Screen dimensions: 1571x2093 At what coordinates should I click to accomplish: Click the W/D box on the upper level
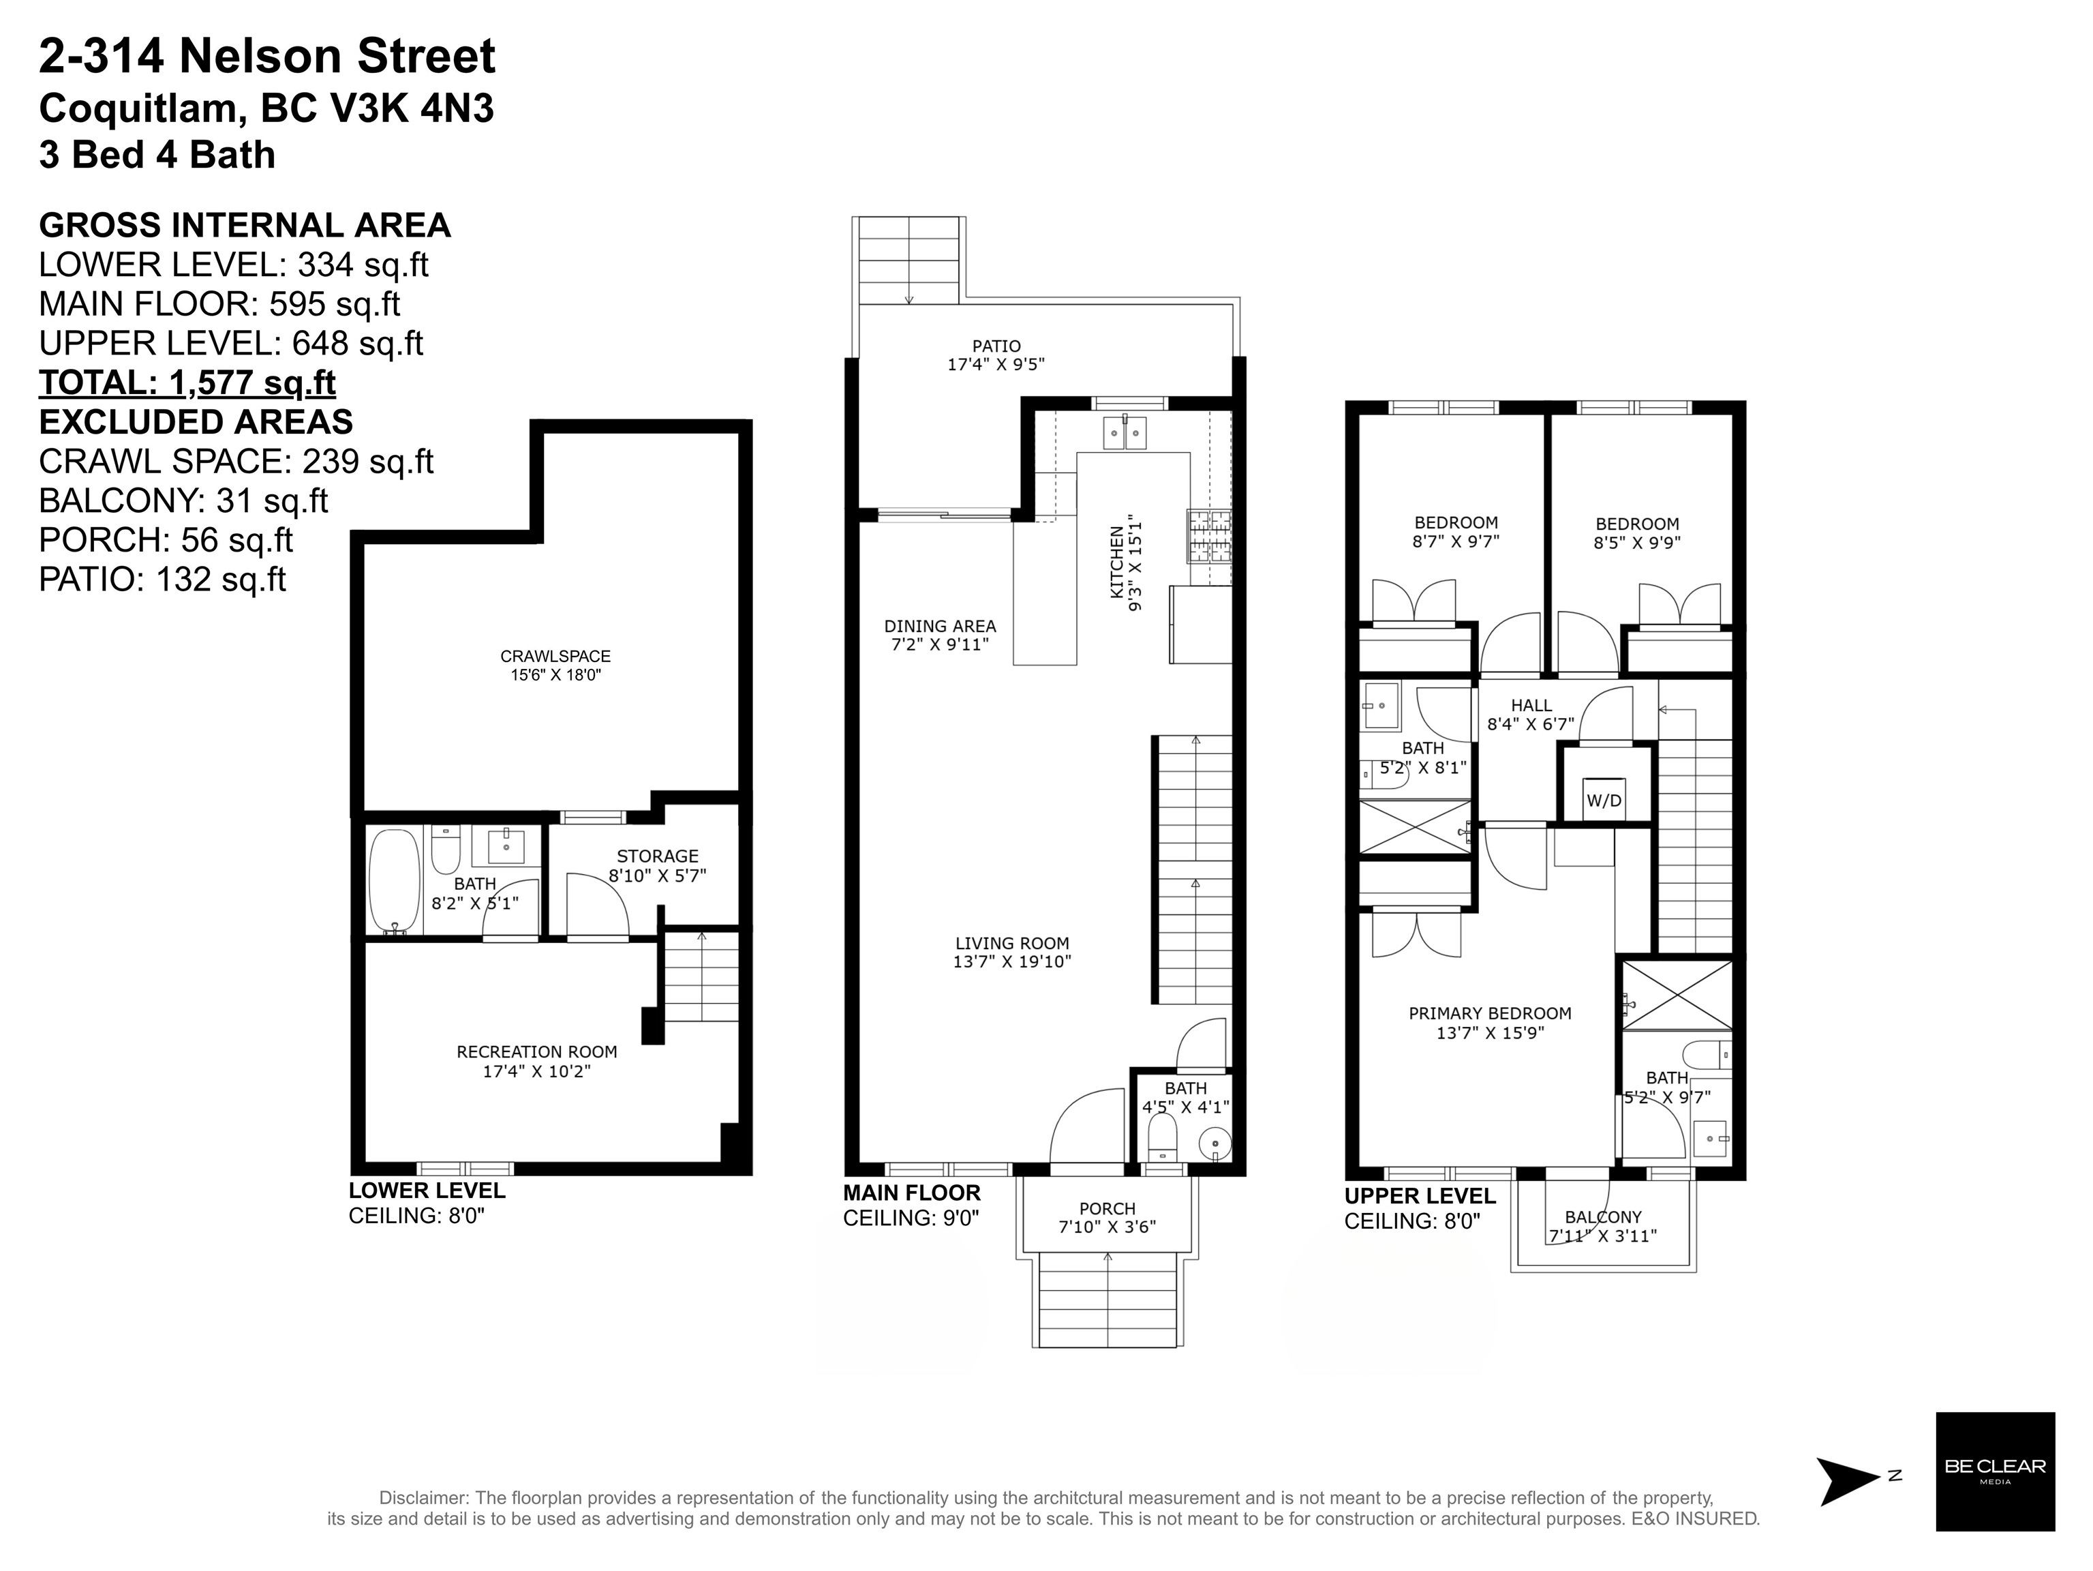pos(1603,800)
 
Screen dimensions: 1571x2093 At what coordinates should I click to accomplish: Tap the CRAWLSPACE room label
pos(555,656)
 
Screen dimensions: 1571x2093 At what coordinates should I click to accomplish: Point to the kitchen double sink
pos(1124,432)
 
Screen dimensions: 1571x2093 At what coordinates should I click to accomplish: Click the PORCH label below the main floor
pos(1107,1208)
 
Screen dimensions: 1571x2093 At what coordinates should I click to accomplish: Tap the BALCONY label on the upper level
pos(1603,1217)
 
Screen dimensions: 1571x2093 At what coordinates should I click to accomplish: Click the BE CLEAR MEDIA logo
pos(1995,1471)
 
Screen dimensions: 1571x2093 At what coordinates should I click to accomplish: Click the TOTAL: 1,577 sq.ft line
pos(187,383)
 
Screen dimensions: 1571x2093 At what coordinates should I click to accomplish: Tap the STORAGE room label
pos(657,856)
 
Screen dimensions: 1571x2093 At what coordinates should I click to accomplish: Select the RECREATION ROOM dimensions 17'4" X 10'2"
pos(536,1071)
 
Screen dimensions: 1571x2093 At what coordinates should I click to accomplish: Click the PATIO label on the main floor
pos(996,346)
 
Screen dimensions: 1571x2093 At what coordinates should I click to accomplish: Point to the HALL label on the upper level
pos(1531,705)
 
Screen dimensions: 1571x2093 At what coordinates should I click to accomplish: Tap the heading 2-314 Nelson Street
pos(267,56)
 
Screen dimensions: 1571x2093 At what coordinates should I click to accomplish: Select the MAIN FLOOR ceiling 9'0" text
pos(911,1218)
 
